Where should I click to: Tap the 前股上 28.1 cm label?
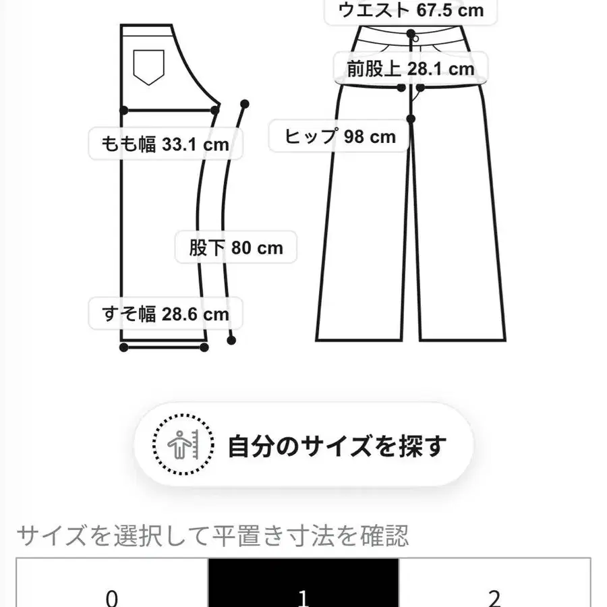[411, 68]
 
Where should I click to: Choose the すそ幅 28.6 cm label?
[165, 314]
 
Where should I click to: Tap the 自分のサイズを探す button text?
[337, 446]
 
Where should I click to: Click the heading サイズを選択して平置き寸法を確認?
[212, 536]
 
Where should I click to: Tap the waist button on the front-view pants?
[411, 34]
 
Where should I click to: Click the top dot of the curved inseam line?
[244, 104]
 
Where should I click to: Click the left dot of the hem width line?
[124, 347]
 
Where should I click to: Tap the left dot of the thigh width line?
[124, 109]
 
